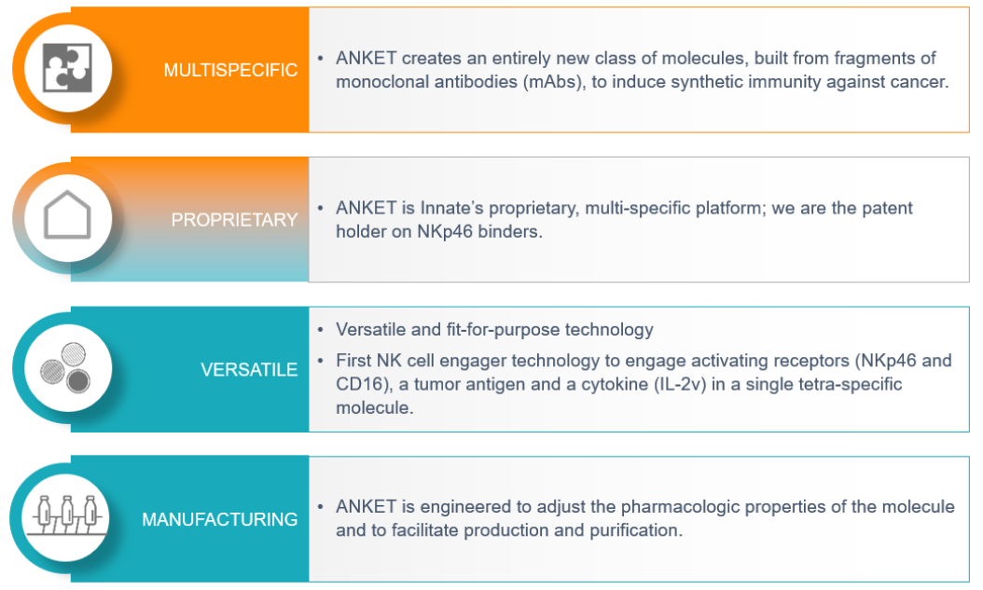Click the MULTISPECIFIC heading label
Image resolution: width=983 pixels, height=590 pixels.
point(230,70)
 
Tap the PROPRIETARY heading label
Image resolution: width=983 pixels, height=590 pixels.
point(234,220)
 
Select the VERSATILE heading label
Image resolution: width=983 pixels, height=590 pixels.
point(249,369)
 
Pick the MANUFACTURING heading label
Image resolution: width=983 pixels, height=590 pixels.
point(219,519)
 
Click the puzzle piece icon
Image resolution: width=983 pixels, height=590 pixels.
point(68,68)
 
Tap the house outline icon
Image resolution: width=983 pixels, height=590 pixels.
point(68,214)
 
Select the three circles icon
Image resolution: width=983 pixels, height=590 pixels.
point(66,367)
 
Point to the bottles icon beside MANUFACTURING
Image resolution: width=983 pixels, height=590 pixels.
point(66,516)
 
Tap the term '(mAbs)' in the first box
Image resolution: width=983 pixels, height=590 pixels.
point(552,82)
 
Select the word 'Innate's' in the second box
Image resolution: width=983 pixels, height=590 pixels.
point(451,208)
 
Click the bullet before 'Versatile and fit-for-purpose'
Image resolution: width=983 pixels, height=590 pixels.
point(320,330)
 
